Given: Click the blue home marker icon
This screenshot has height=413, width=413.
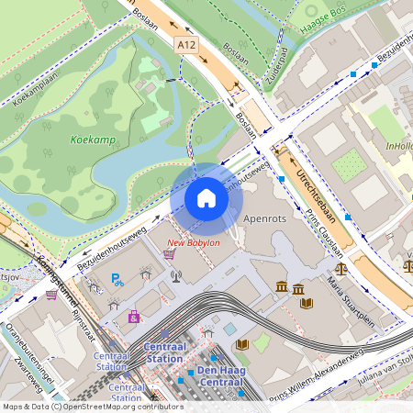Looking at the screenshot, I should (206, 198).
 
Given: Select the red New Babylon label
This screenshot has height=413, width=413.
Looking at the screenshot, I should (193, 243).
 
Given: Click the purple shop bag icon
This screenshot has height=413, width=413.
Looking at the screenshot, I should (135, 317).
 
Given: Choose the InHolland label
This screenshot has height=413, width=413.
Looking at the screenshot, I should (399, 144).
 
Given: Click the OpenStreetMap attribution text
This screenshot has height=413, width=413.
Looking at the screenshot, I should (92, 406).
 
